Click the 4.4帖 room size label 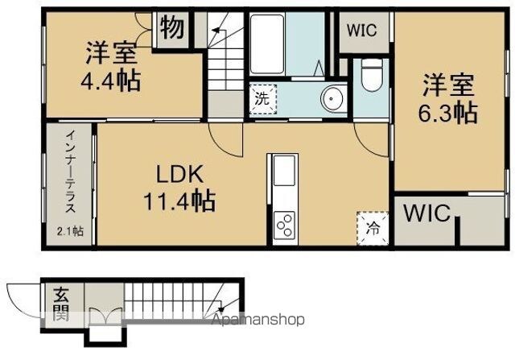(111, 80)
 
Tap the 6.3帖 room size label (447, 113)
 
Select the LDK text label (179, 174)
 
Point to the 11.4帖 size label (179, 201)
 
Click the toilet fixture (372, 75)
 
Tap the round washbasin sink (332, 99)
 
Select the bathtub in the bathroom (266, 43)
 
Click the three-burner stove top (284, 225)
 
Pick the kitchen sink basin (284, 171)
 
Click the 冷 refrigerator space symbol (373, 229)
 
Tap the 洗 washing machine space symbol (262, 99)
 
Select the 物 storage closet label (172, 27)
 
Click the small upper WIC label (362, 31)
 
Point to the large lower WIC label (427, 213)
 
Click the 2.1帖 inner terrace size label (70, 231)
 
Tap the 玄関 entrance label (61, 304)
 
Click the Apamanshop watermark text (257, 319)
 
